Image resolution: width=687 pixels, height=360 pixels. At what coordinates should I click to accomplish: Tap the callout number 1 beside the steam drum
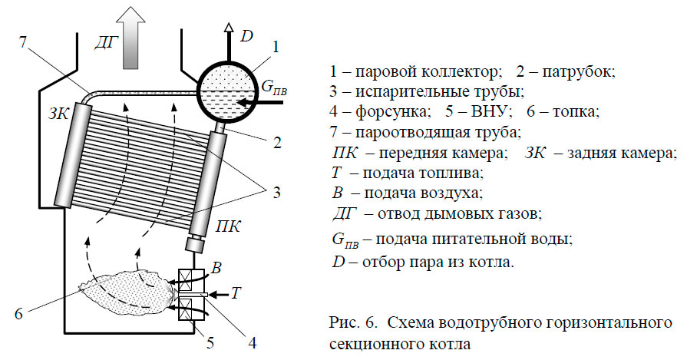pyautogui.click(x=276, y=48)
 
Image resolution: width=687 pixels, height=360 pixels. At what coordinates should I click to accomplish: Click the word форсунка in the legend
pyautogui.click(x=385, y=112)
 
